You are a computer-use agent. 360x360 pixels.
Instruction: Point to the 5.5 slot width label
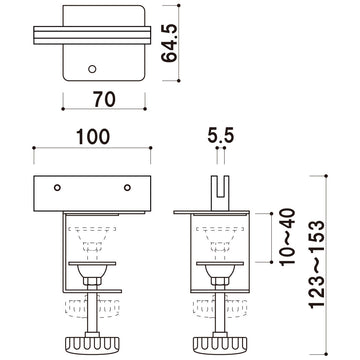point(220,133)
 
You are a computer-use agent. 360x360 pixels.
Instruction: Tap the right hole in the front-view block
point(128,188)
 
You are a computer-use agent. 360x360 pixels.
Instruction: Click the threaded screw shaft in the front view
point(93,315)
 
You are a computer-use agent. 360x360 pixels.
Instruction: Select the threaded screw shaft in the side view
point(220,315)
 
